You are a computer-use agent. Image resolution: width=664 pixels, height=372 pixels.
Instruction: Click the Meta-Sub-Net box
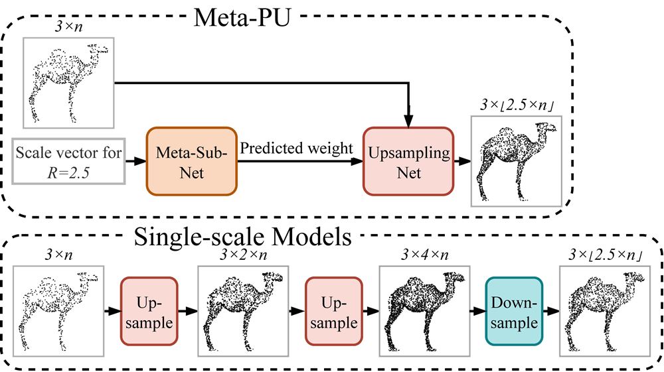pos(193,162)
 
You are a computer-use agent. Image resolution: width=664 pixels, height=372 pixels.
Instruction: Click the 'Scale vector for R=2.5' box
pos(69,162)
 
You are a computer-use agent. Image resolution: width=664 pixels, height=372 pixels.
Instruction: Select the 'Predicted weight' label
pos(296,149)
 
